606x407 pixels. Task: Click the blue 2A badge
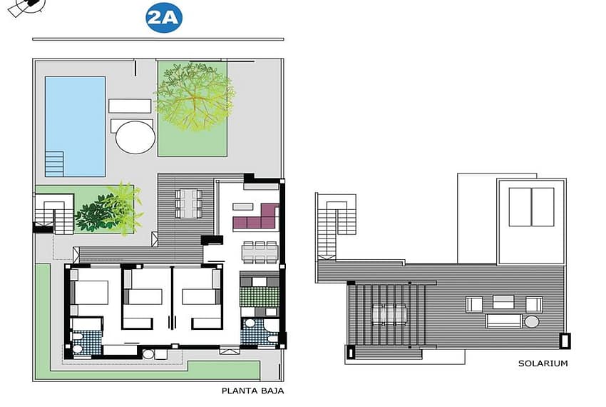pyautogui.click(x=164, y=18)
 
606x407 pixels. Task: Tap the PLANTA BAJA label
pyautogui.click(x=253, y=391)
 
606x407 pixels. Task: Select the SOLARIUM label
pyautogui.click(x=543, y=363)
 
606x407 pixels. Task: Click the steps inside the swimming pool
pyautogui.click(x=54, y=164)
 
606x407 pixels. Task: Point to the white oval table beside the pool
pyautogui.click(x=135, y=137)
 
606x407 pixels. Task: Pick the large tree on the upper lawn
pyautogui.click(x=194, y=96)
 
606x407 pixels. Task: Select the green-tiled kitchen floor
pyautogui.click(x=260, y=297)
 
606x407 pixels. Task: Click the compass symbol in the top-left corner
pyautogui.click(x=26, y=6)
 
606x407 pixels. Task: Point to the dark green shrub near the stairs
pyautogui.click(x=96, y=213)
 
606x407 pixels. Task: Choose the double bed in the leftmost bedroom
pyautogui.click(x=90, y=292)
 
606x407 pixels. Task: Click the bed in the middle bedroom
pyautogui.click(x=143, y=296)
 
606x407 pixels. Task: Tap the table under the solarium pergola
pyautogui.click(x=389, y=313)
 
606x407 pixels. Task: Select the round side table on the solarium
pyautogui.click(x=532, y=321)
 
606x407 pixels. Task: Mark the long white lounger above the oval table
pyautogui.click(x=130, y=106)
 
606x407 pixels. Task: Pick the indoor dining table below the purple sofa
pyautogui.click(x=260, y=253)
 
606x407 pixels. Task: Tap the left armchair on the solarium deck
pyautogui.click(x=475, y=304)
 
